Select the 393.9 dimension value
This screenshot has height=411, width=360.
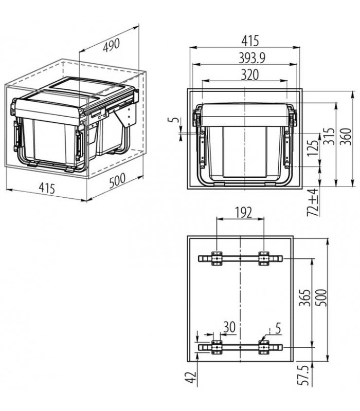pyautogui.click(x=245, y=59)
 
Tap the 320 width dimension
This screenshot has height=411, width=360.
pyautogui.click(x=245, y=74)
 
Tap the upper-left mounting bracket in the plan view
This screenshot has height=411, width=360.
pyautogui.click(x=216, y=258)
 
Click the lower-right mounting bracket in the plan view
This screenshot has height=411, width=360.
pyautogui.click(x=264, y=348)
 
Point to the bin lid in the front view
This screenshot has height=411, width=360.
pyautogui.click(x=245, y=114)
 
